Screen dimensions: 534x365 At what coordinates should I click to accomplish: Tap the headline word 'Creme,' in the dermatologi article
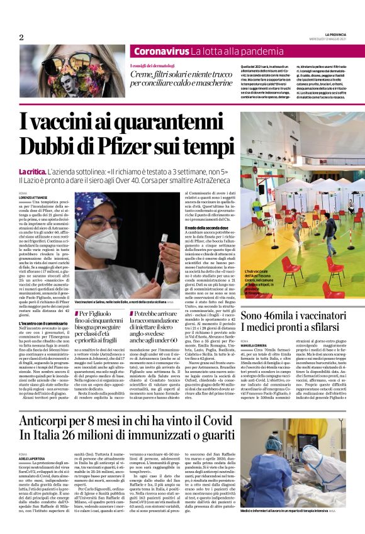tap(143, 74)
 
